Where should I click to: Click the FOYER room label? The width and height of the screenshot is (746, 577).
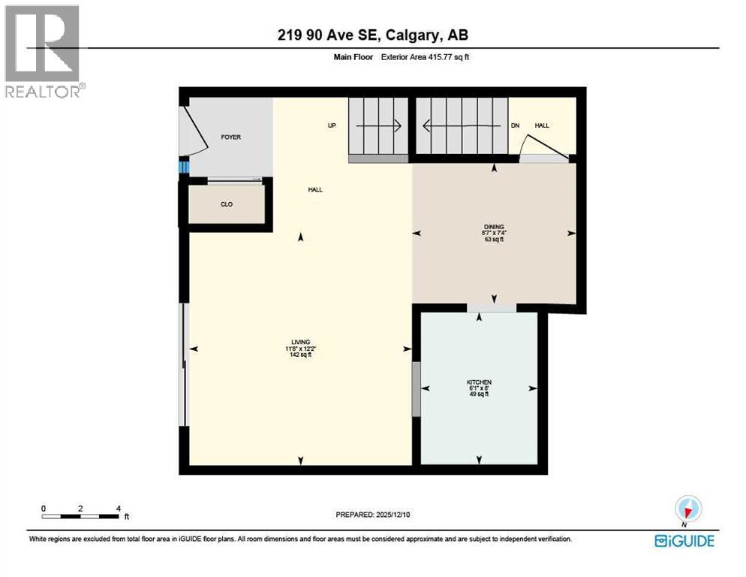[230, 137]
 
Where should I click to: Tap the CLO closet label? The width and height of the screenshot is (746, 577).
[226, 204]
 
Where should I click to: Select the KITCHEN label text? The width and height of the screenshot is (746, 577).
[479, 382]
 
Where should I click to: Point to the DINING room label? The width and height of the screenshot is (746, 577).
[494, 226]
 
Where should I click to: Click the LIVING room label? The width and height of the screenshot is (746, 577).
[301, 342]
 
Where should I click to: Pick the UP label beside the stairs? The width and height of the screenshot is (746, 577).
[331, 125]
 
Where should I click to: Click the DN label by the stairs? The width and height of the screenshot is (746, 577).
[515, 125]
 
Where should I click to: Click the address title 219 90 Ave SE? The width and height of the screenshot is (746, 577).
[374, 35]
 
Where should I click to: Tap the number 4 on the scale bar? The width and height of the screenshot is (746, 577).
[118, 508]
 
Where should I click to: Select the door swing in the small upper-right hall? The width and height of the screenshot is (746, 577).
[545, 147]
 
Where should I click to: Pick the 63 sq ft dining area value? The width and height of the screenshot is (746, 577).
[494, 240]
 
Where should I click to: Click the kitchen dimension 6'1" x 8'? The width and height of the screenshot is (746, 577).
[479, 388]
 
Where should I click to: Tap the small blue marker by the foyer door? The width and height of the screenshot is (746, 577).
[182, 166]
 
